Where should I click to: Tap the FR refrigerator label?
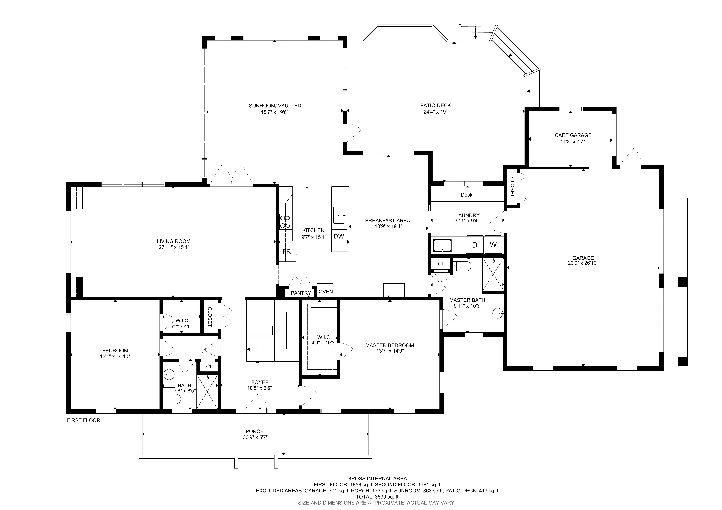[286, 251]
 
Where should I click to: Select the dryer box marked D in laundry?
[475, 245]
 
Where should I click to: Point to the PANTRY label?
[301, 293]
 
